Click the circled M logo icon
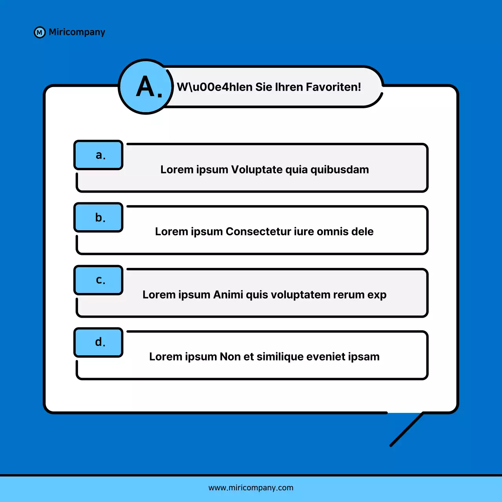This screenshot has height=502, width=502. (40, 33)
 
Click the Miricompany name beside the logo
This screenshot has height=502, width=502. (77, 32)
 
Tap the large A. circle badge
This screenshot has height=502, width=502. (146, 87)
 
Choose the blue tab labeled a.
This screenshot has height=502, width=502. (99, 155)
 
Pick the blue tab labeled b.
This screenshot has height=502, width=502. (99, 217)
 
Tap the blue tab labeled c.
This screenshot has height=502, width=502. (99, 280)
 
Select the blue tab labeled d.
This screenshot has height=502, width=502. (99, 342)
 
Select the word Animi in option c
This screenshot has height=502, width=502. (228, 295)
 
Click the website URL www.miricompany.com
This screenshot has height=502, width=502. (251, 488)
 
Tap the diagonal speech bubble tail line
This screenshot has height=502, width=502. (407, 429)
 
